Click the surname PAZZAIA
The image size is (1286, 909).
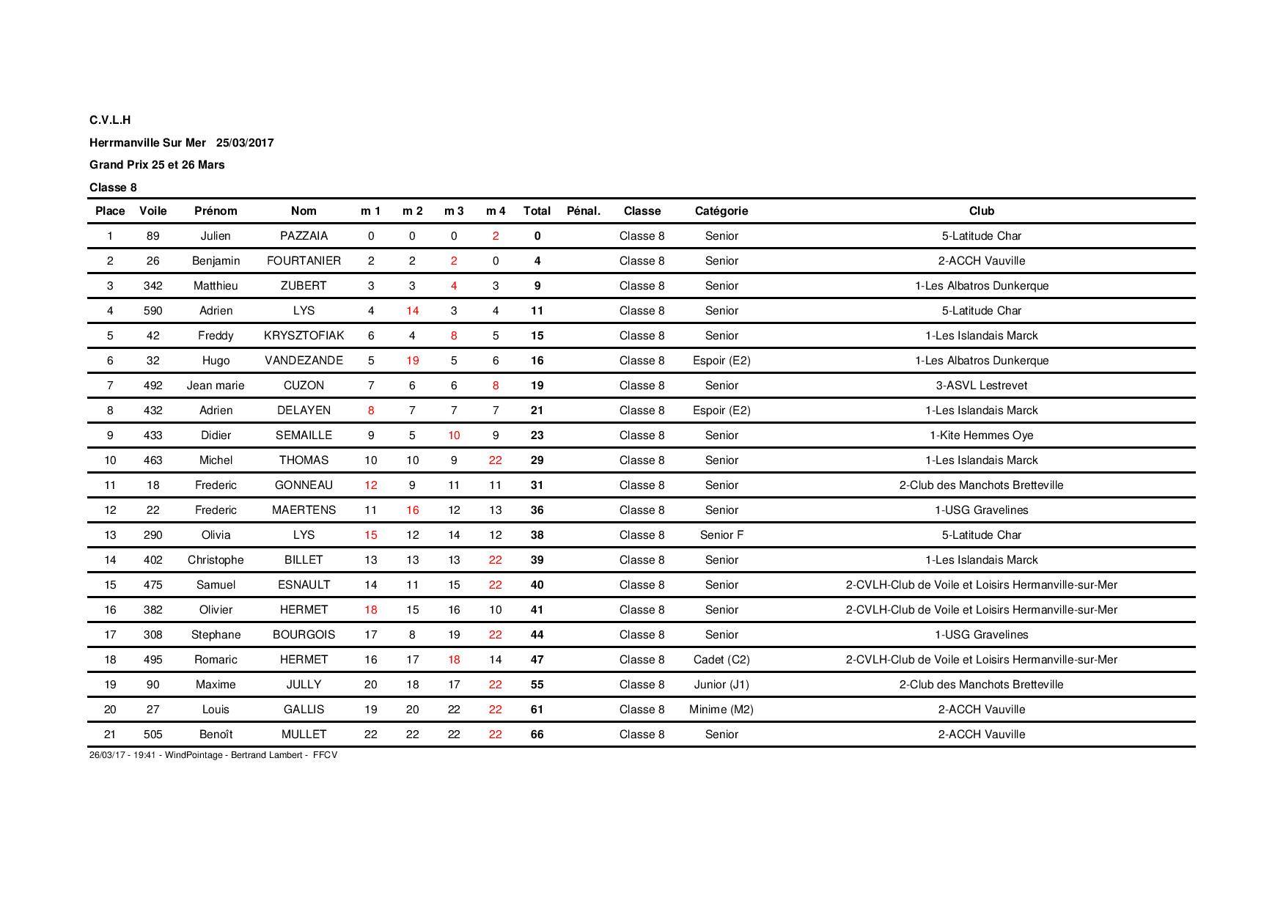point(304,236)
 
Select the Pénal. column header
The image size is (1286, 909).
point(583,211)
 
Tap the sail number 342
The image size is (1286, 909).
point(153,286)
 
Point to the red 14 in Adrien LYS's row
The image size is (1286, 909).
point(412,311)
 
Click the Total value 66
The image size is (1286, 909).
point(537,735)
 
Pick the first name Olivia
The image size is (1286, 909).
point(216,535)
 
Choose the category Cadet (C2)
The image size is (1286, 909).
point(721,660)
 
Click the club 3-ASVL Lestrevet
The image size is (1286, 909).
point(981,386)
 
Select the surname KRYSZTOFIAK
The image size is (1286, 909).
point(304,336)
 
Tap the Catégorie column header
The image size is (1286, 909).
point(721,211)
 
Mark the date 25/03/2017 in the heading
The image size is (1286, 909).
point(245,143)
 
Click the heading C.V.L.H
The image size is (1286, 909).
point(110,120)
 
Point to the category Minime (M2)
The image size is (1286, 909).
point(721,710)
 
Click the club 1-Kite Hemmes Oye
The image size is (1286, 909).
point(981,435)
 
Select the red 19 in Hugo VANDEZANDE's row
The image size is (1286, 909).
point(412,361)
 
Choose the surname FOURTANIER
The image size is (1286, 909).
point(304,261)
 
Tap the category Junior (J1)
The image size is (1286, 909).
point(721,685)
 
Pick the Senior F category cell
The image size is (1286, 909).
point(721,535)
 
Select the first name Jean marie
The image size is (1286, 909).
point(216,386)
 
